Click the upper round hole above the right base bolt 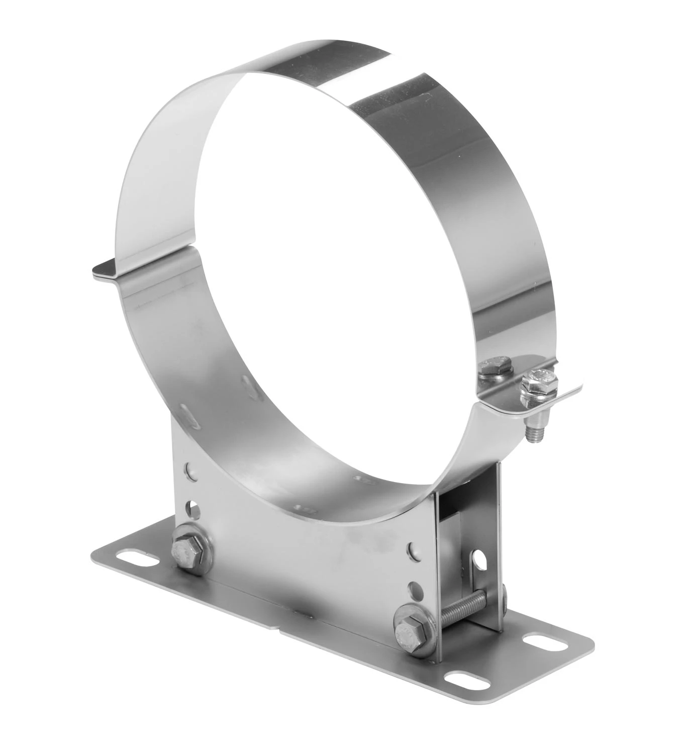tap(413, 548)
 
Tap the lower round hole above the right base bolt tap(415, 587)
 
